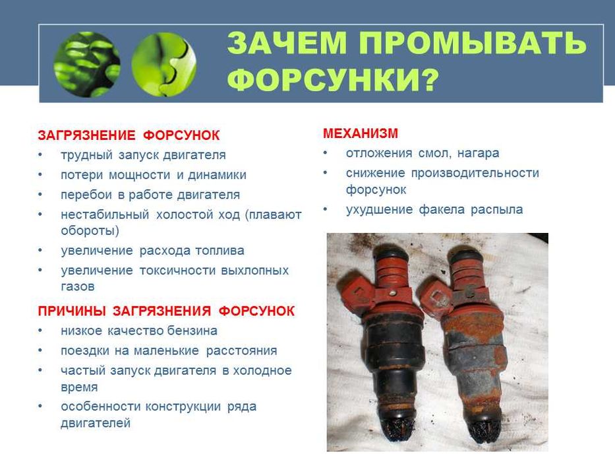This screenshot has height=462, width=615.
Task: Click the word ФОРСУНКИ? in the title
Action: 333,79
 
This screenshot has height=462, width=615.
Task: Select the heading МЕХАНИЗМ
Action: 361,133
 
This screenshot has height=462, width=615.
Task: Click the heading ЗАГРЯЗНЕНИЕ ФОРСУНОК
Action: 129,135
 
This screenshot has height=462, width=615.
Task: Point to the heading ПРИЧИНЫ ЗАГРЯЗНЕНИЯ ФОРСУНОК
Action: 166,311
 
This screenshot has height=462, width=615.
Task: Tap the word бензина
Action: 192,331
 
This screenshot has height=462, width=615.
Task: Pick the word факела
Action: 441,209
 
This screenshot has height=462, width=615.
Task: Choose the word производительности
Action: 475,173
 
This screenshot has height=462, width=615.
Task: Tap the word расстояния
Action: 242,351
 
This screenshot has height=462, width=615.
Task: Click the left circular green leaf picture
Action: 87,65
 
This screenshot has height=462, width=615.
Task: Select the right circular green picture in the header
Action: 163,65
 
